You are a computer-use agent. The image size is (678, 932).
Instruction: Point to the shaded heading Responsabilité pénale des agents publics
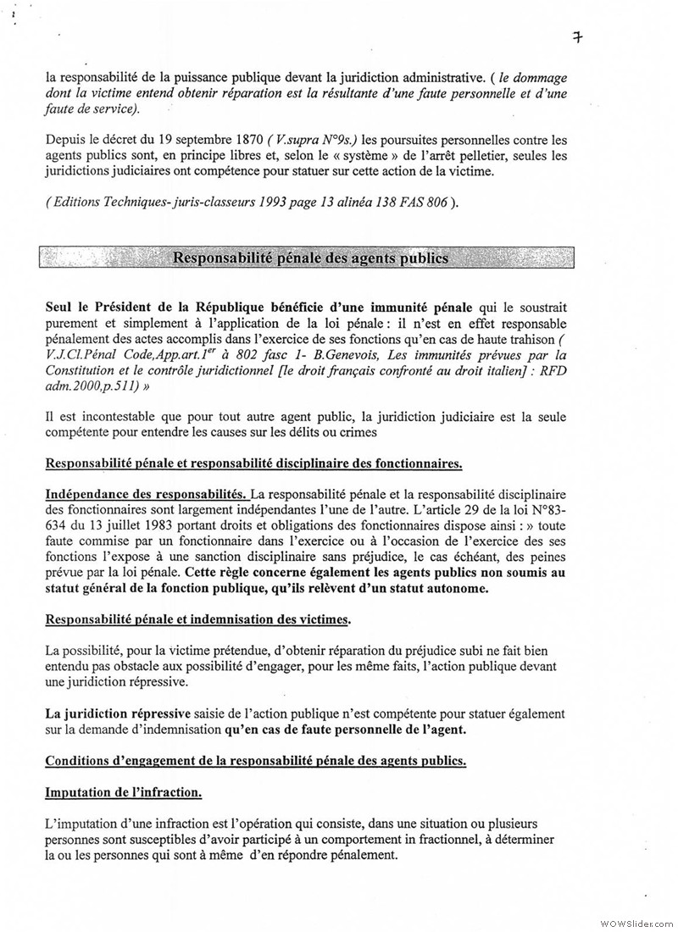pos(310,258)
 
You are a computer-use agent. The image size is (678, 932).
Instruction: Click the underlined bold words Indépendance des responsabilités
pos(145,493)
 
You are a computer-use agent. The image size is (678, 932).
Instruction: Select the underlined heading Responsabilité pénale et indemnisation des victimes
pos(197,620)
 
